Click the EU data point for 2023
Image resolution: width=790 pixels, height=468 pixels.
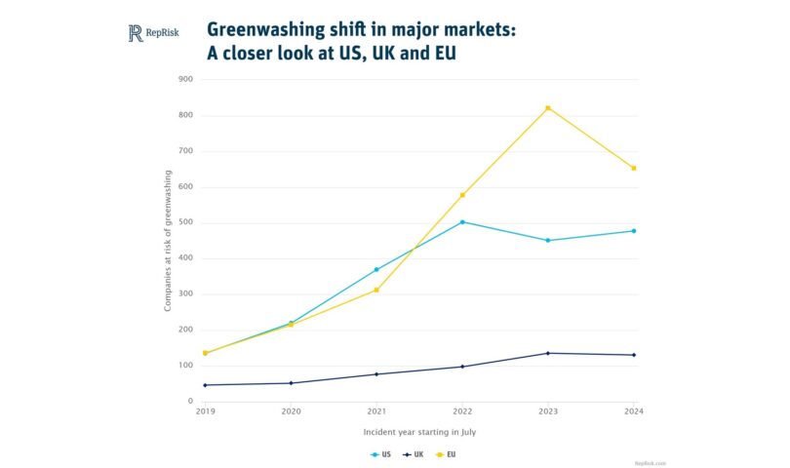pos(548,108)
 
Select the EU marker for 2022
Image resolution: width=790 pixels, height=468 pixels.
pos(462,195)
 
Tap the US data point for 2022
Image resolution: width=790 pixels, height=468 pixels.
pos(462,222)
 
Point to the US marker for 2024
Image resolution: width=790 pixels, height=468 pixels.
pos(634,231)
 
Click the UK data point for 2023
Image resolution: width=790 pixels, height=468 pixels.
pos(548,353)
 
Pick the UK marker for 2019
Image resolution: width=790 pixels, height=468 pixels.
pos(205,385)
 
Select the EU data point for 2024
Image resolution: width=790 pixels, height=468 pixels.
pos(634,168)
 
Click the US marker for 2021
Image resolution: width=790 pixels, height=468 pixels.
pos(376,270)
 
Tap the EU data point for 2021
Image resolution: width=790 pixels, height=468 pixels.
pos(376,290)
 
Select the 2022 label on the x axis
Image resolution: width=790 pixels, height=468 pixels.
pos(462,412)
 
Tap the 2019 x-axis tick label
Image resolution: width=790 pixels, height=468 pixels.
pos(205,412)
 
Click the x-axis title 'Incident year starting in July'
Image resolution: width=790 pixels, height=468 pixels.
pos(419,431)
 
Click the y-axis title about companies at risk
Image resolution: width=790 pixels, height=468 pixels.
pos(168,240)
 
